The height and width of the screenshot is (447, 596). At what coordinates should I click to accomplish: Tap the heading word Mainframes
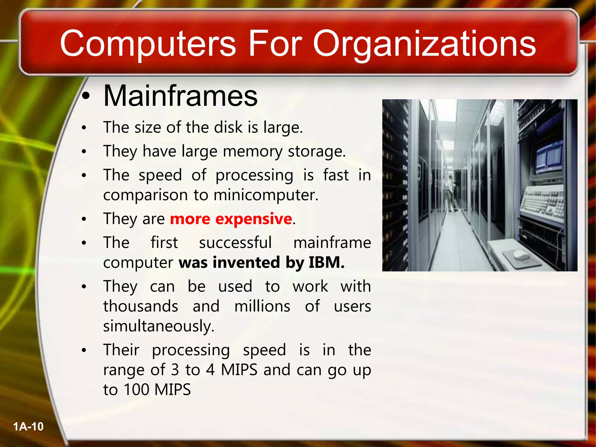[180, 96]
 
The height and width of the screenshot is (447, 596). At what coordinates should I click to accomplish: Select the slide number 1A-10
[28, 427]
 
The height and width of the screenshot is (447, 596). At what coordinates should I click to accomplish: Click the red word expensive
[253, 219]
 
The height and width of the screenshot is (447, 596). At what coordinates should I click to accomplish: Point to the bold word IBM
[326, 262]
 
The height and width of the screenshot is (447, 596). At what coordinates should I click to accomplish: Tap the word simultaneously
[159, 326]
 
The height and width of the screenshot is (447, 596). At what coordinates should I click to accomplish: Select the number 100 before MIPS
[137, 390]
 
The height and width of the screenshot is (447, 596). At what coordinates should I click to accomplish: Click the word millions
[262, 306]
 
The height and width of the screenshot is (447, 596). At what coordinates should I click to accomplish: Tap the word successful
[235, 243]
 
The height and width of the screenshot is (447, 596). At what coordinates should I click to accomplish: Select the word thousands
[141, 306]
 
